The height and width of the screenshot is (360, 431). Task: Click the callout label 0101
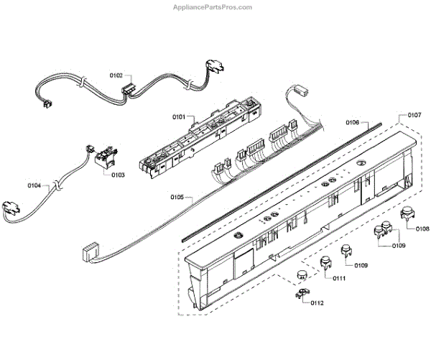pos(179,116)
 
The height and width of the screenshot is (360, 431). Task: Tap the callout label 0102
pos(116,75)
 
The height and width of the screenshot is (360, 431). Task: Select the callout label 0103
pos(117,174)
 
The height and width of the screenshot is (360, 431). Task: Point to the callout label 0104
pos(34,185)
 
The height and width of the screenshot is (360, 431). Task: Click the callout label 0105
pos(177,196)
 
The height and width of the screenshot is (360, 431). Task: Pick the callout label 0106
pos(352,122)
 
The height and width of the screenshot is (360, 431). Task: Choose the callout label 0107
pos(414,116)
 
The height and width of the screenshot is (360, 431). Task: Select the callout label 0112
pos(317,303)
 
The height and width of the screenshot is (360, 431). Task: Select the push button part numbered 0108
pos(408,213)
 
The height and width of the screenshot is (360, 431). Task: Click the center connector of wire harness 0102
pos(129,91)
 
